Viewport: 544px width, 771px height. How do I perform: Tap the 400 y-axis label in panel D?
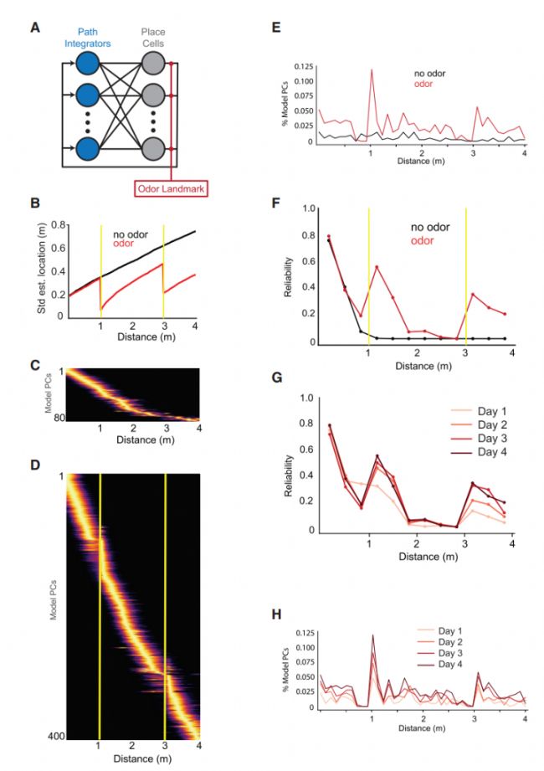coord(54,734)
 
